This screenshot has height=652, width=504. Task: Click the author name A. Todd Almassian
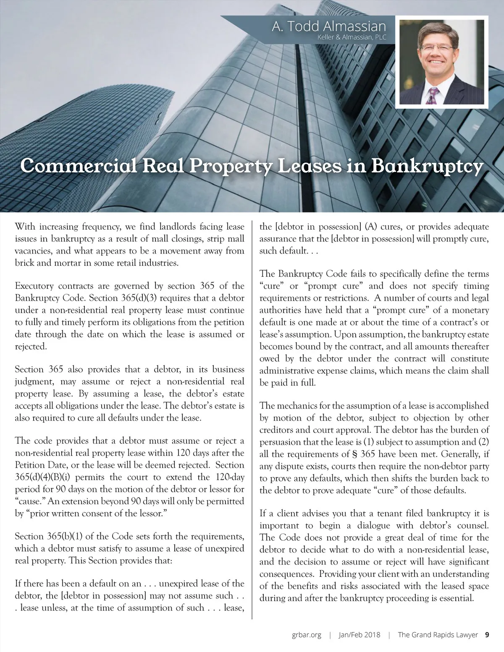pyautogui.click(x=328, y=26)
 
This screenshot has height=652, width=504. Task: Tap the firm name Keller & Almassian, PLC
pyautogui.click(x=353, y=37)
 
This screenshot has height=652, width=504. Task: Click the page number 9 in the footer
pyautogui.click(x=487, y=634)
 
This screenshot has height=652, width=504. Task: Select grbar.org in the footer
pyautogui.click(x=307, y=635)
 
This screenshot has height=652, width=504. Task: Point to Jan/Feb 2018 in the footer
pyautogui.click(x=360, y=635)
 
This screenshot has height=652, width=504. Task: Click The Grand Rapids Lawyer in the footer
pyautogui.click(x=438, y=635)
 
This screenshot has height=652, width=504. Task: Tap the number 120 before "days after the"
pyautogui.click(x=184, y=453)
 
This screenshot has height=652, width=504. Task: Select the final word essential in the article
pyautogui.click(x=456, y=598)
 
